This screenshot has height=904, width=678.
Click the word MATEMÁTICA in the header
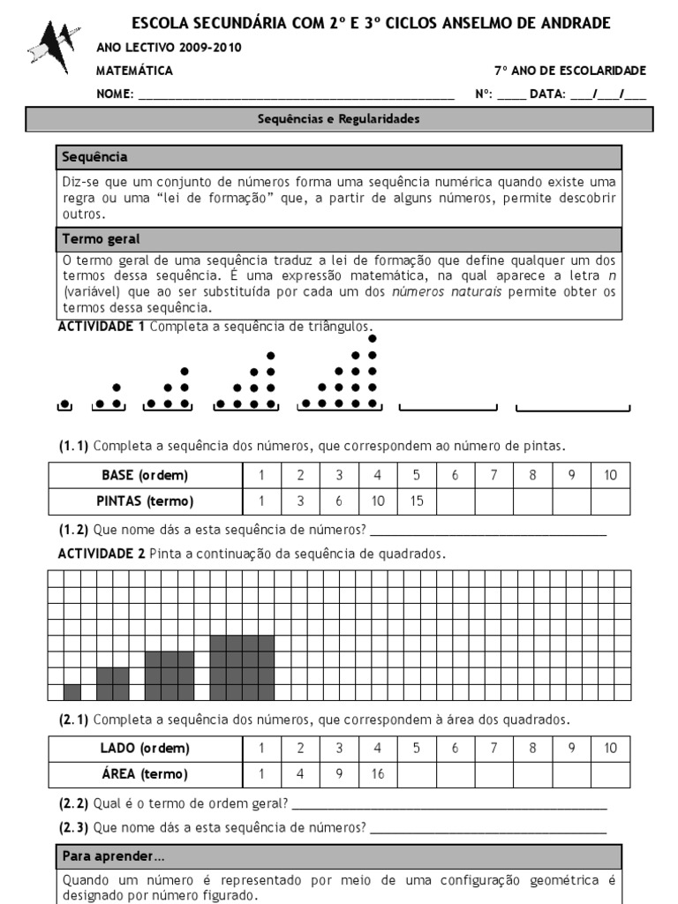[x=134, y=71]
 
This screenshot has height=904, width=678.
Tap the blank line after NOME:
[x=296, y=95]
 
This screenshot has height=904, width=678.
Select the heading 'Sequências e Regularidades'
[x=339, y=118]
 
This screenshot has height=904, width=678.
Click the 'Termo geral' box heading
[x=101, y=239]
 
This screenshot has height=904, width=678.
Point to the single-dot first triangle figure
[x=64, y=404]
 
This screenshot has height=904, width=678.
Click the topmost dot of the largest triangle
[x=373, y=338]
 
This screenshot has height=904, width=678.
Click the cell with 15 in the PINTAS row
[x=416, y=501]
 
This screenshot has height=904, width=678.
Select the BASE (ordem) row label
[x=145, y=476]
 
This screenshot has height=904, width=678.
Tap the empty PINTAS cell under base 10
[x=610, y=501]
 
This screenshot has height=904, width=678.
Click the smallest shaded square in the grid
[x=72, y=692]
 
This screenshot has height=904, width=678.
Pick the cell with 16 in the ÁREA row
[x=377, y=774]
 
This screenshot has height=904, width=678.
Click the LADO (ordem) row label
[x=145, y=749]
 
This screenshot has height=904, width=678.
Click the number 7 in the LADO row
[x=493, y=749]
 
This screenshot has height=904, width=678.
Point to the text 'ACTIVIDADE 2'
[x=101, y=554]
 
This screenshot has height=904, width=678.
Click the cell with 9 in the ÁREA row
[x=338, y=774]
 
